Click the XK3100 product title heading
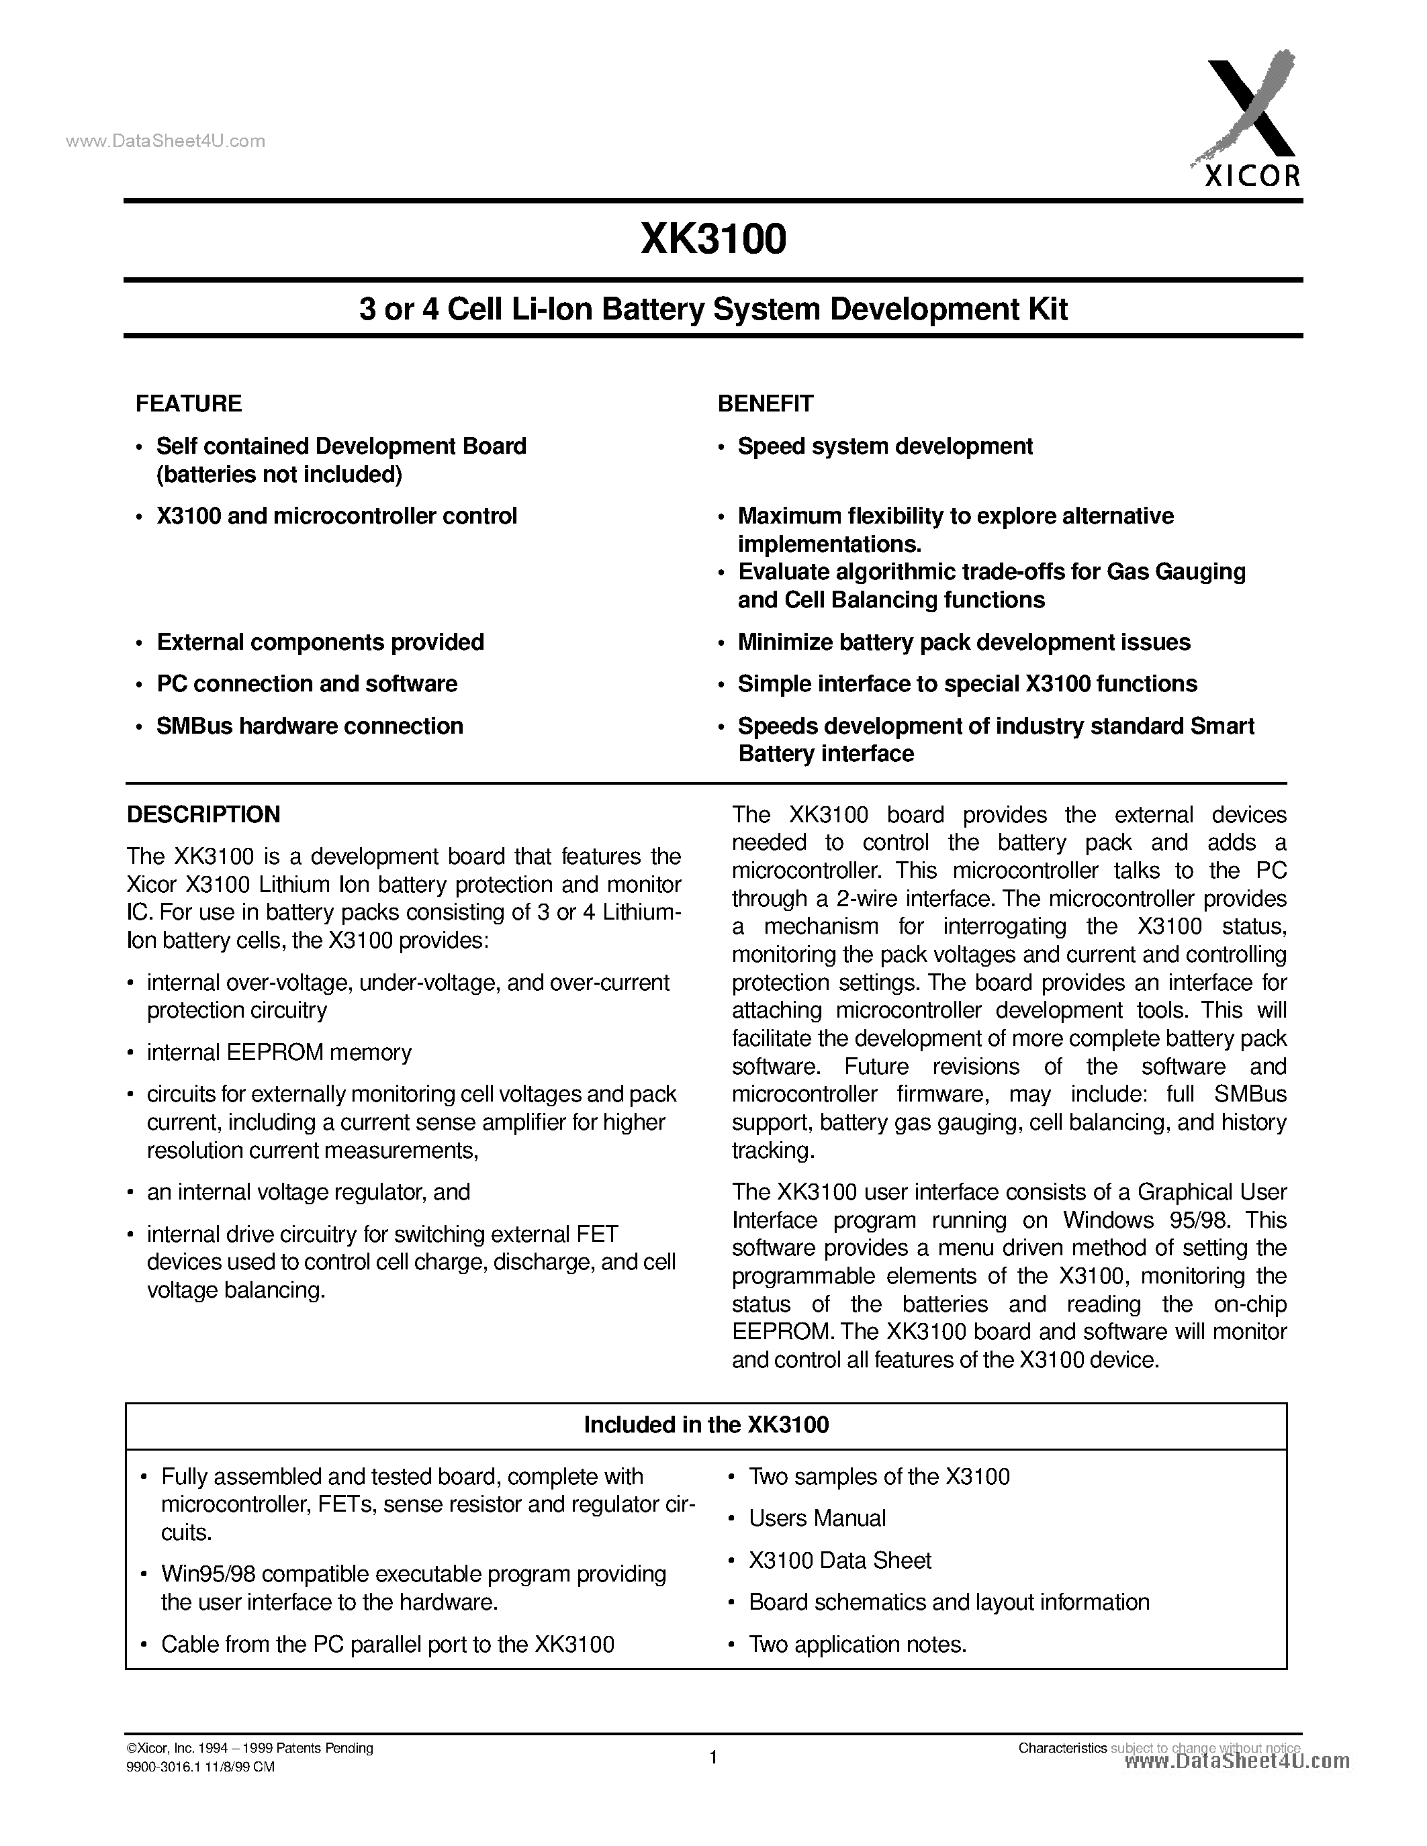[x=712, y=239]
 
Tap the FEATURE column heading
[x=189, y=403]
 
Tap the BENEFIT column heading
[x=765, y=403]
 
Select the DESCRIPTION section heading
[x=203, y=814]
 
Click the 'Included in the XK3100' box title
[x=706, y=1425]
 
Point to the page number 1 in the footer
[x=712, y=1757]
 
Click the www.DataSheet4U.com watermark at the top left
[x=165, y=141]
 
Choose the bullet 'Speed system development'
[x=884, y=446]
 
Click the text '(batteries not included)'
[x=279, y=474]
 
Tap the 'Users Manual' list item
[x=817, y=1518]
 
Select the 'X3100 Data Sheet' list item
[x=839, y=1560]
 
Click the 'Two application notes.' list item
[x=858, y=1644]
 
